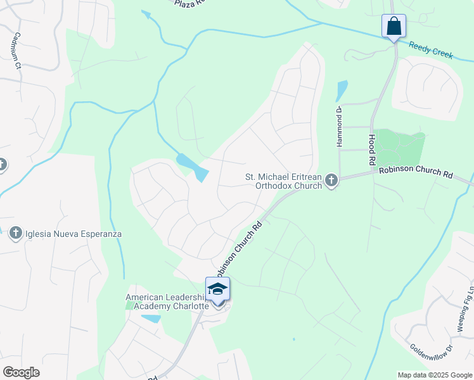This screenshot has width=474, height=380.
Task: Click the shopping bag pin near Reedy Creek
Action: (x=394, y=27)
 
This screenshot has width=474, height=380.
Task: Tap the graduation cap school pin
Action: (x=217, y=289)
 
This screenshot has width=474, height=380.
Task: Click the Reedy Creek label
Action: (x=431, y=50)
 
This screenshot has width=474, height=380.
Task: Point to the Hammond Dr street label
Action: (x=340, y=127)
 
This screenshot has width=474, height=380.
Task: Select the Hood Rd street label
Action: (x=371, y=150)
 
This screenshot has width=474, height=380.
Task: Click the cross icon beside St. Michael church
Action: (x=331, y=182)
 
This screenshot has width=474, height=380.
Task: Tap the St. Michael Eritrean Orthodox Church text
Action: (x=284, y=182)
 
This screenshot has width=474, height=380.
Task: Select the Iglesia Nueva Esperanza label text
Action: (x=73, y=234)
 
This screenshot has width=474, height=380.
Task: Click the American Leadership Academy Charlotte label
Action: (x=167, y=301)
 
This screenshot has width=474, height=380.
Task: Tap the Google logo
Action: (x=21, y=372)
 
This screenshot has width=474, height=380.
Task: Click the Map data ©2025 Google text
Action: (x=435, y=375)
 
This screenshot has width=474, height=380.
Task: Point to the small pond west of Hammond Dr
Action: (x=342, y=91)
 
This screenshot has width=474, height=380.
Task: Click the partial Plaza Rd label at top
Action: (x=191, y=3)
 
